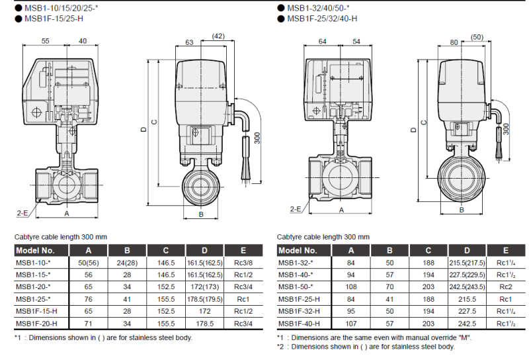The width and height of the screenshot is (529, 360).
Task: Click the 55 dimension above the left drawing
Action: [46, 40]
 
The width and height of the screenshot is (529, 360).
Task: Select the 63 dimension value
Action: [189, 42]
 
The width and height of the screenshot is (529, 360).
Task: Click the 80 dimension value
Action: [454, 42]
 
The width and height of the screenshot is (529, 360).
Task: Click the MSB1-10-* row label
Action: [34, 263]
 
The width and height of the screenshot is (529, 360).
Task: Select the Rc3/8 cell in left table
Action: [239, 263]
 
